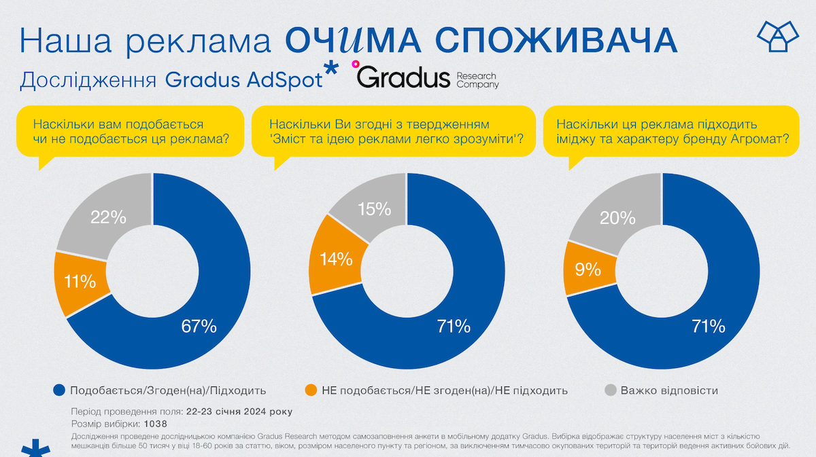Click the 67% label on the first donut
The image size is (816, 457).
click(199, 326)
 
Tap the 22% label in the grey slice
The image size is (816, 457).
click(109, 217)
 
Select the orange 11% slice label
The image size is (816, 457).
click(80, 281)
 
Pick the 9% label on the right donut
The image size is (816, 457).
click(588, 269)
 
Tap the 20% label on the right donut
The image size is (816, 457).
click(618, 218)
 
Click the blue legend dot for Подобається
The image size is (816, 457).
click(58, 390)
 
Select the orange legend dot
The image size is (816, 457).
click(311, 390)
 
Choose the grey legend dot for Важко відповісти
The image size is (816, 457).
click(610, 390)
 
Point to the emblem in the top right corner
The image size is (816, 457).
click(777, 37)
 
